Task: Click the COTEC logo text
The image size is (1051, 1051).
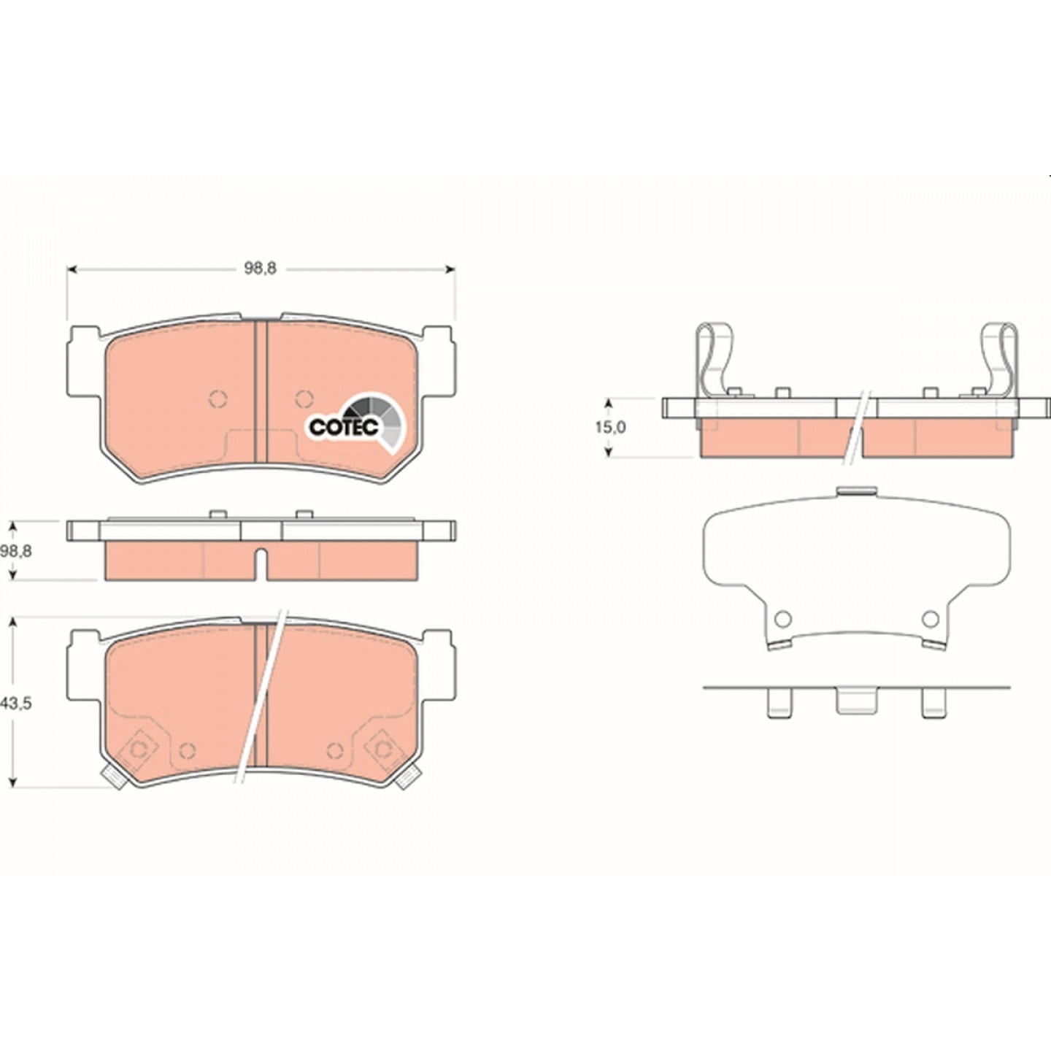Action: [x=344, y=427]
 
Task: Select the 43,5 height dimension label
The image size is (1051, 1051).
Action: [x=16, y=703]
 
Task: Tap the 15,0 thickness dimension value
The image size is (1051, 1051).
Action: [x=610, y=427]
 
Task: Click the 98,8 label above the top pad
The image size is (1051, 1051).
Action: [x=261, y=269]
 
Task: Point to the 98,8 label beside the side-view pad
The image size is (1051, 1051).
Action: [x=16, y=551]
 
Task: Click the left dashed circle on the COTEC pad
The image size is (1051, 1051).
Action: [x=217, y=399]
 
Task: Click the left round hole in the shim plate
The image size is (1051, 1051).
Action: [x=783, y=619]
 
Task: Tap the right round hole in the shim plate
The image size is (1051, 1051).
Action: [x=930, y=619]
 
